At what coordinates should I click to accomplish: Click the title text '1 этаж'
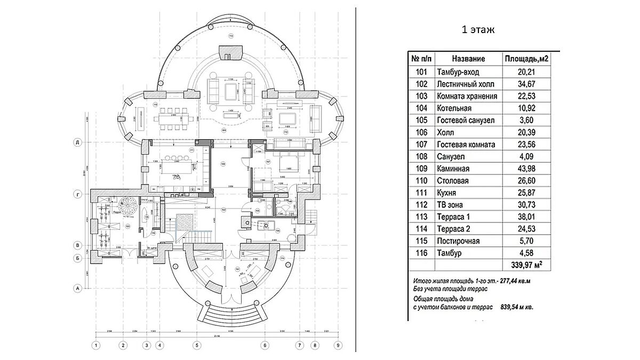tap(478, 30)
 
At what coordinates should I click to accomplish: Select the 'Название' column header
tap(468, 59)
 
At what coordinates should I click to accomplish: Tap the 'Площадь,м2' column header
tap(527, 59)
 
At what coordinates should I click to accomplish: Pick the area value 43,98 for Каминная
tap(527, 169)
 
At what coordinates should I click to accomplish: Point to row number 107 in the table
tap(421, 145)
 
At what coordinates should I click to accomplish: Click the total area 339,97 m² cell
tap(527, 265)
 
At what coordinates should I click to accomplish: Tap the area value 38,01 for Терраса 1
tap(527, 217)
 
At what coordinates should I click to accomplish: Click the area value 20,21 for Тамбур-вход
tap(527, 72)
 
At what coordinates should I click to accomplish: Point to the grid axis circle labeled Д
tap(78, 142)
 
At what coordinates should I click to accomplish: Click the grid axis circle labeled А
tap(78, 289)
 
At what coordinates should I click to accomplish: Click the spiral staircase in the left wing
tap(129, 206)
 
